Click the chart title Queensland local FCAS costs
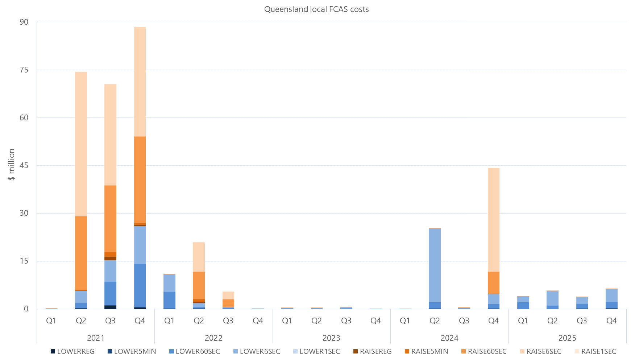point(316,9)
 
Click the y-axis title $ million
point(12,165)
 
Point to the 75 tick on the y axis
point(24,70)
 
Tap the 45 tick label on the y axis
point(24,166)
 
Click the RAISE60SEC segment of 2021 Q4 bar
point(140,179)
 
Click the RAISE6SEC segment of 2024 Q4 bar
point(493,220)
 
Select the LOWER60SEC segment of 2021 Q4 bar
point(140,285)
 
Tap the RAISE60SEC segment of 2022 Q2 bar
point(199,285)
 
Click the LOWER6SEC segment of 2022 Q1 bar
point(169,283)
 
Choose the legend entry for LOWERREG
point(72,351)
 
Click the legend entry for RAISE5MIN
point(426,351)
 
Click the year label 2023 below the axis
point(331,338)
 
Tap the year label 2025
point(567,338)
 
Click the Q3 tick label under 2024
point(464,320)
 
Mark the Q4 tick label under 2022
point(258,320)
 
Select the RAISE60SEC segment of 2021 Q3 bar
point(110,219)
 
